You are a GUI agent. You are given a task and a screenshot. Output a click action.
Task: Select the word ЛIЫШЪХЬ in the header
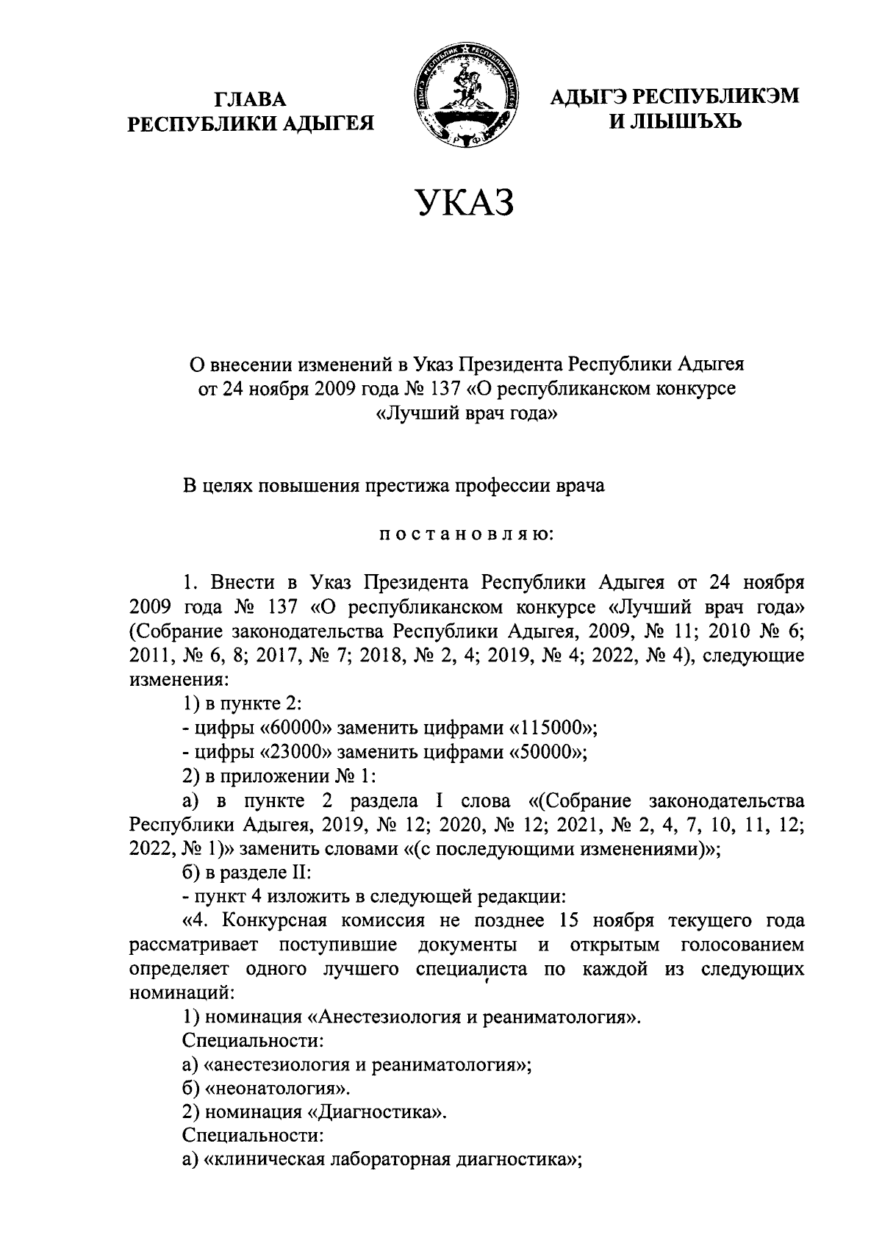coord(676,121)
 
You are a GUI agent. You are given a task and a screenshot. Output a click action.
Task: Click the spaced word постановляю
coord(465,534)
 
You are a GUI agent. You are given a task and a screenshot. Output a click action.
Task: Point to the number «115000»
coord(551,728)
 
